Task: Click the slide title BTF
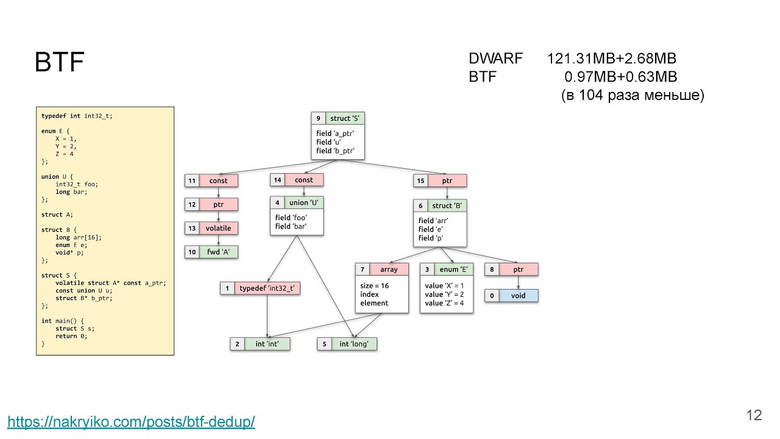point(59,63)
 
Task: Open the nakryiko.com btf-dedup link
point(131,421)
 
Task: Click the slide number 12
point(754,415)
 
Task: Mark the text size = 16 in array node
point(375,285)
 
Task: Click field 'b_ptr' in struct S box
point(335,151)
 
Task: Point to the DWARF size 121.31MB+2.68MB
point(611,59)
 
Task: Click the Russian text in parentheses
point(632,95)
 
